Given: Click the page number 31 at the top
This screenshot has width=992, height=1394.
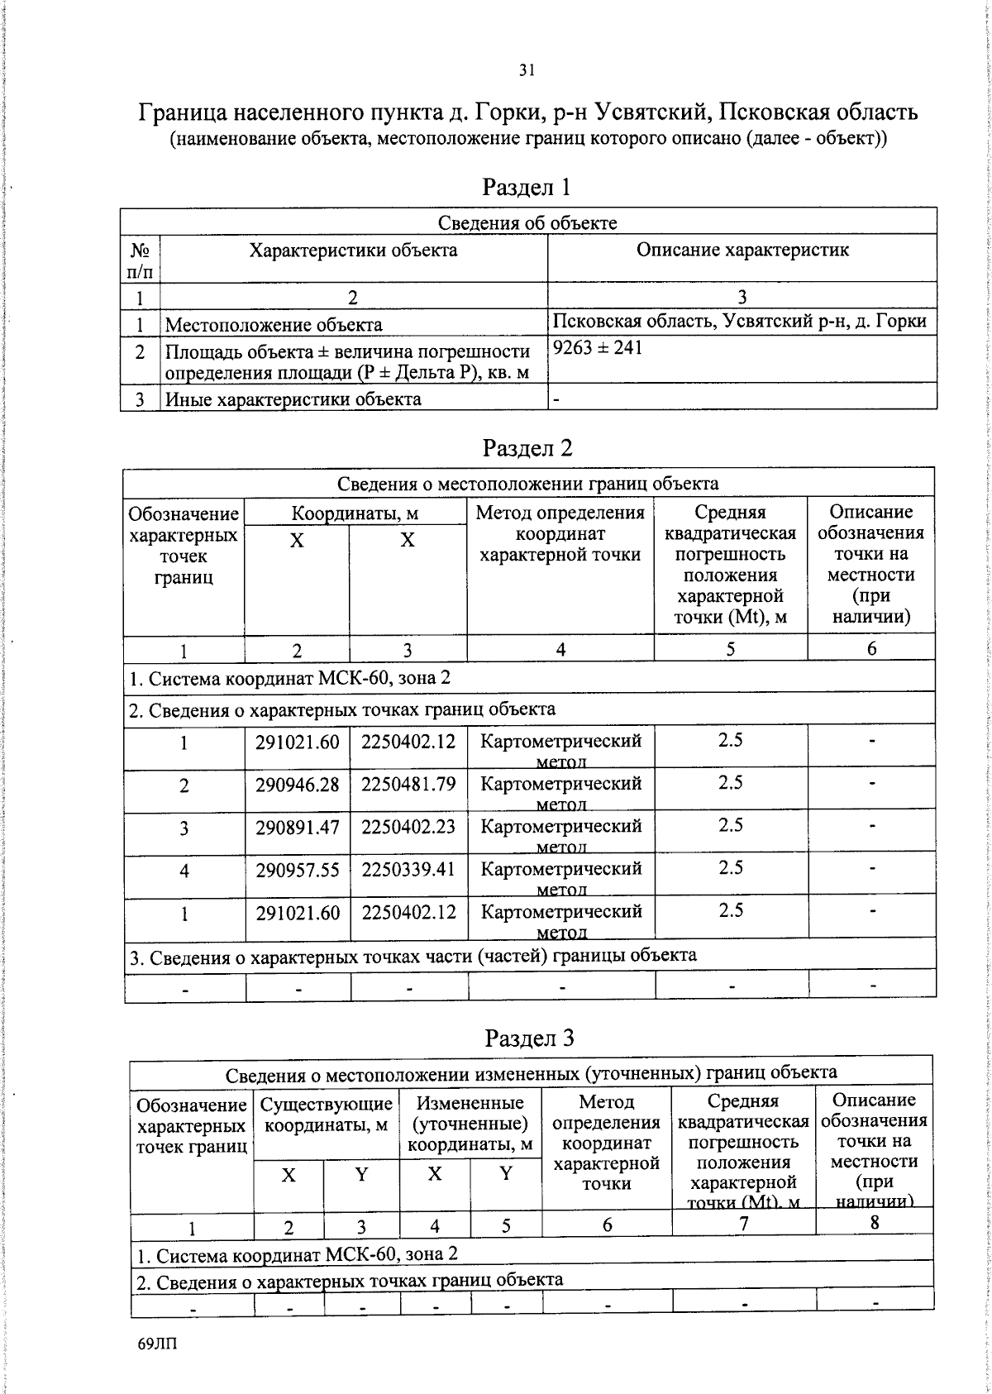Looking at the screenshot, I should coord(527,70).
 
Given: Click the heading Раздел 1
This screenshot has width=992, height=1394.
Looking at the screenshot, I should coord(527,187).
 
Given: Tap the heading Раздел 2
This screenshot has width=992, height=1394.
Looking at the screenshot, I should coord(527,448).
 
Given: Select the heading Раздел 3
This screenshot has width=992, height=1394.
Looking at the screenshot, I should coord(529,1038).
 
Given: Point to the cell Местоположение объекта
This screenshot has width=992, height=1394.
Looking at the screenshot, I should coord(274,325).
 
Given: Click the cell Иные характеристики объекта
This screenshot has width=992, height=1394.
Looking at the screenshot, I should coord(293,399).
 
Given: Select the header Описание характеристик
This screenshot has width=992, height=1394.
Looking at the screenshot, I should coord(742,250).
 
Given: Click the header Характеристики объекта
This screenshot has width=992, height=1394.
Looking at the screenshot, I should coord(353,250).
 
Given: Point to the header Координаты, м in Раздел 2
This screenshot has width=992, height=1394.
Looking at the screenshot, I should coord(355,513).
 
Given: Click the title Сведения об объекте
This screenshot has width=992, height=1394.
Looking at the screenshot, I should coord(527,222).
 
